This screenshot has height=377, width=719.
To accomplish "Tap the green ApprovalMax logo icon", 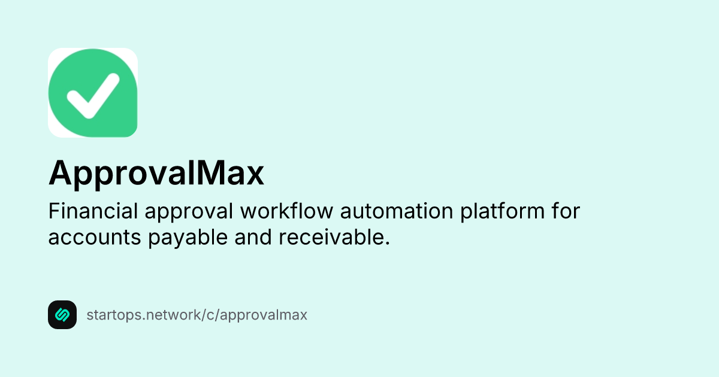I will click(x=93, y=92).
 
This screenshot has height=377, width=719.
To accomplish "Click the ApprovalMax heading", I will click(x=156, y=174).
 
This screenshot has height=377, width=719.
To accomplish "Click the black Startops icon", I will click(x=62, y=315).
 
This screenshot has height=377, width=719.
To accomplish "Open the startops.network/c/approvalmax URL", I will click(x=197, y=315).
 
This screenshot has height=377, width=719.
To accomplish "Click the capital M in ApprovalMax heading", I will click(x=204, y=174).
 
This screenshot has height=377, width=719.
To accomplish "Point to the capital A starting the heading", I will click(x=60, y=174).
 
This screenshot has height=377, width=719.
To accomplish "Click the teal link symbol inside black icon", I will click(x=62, y=315).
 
